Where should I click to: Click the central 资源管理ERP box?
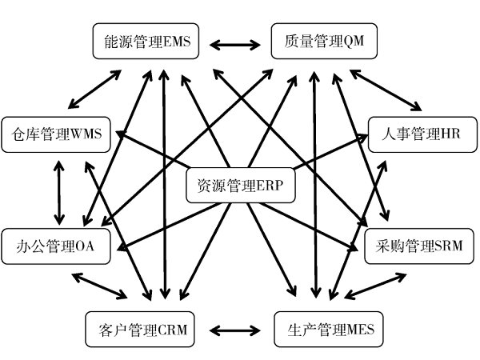pyautogui.click(x=241, y=186)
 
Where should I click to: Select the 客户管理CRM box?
pyautogui.click(x=140, y=329)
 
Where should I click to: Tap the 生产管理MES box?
pyautogui.click(x=329, y=329)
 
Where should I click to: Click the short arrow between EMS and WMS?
pyautogui.click(x=95, y=89)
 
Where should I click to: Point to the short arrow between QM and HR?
pyautogui.click(x=386, y=89)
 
